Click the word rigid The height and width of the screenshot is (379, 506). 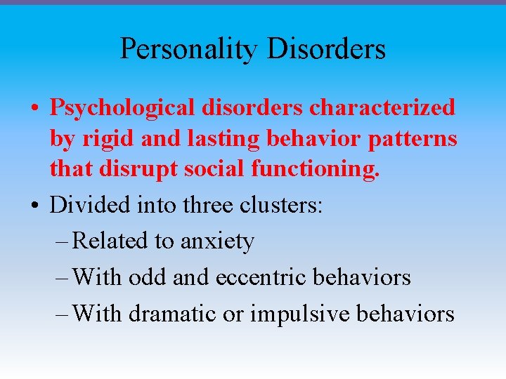109,138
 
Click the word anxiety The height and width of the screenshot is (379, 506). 217,242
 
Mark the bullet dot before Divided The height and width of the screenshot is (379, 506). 34,206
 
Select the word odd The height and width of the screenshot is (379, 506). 145,277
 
